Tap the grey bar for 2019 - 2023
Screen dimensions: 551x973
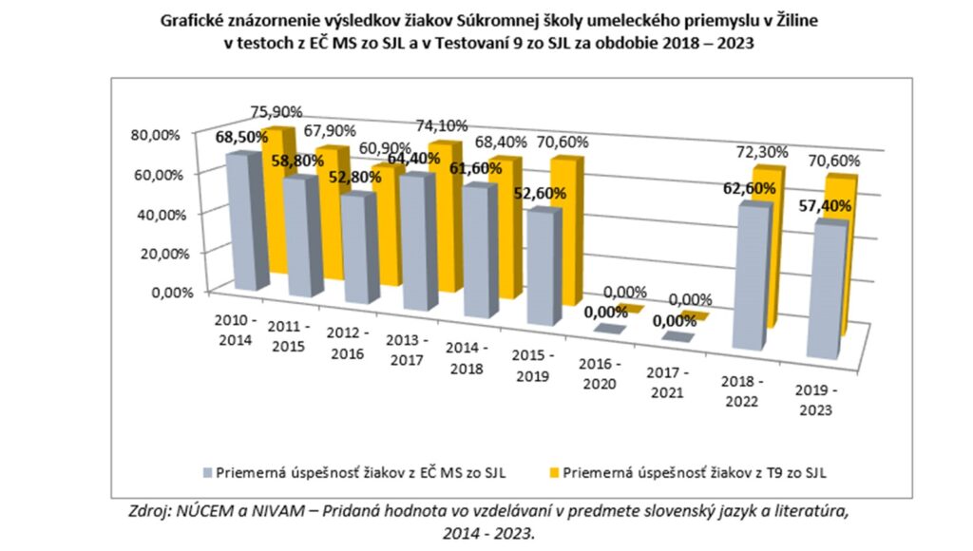pos(826,290)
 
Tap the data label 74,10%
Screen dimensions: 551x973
pos(446,124)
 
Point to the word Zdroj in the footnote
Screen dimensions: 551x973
pos(150,511)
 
